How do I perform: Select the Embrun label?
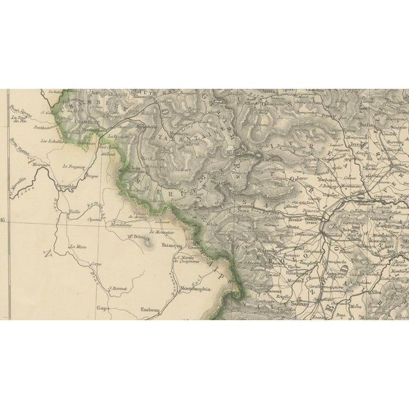coord(150,311)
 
